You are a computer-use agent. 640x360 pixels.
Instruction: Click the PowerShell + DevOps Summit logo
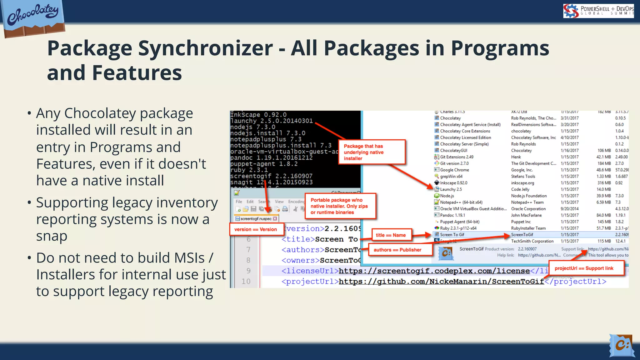[598, 11]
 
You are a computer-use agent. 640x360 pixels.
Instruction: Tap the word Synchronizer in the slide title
[205, 48]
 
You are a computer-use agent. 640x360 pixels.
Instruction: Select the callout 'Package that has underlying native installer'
[372, 152]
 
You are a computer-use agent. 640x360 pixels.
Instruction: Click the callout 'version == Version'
[256, 229]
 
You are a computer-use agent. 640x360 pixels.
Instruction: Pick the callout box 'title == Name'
[391, 235]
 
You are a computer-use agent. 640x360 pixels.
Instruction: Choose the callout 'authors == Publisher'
[397, 250]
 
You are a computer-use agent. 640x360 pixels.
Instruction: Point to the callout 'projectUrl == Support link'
[584, 268]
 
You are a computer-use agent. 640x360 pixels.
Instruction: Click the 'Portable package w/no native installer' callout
[339, 206]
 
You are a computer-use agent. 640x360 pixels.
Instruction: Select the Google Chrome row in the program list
[454, 170]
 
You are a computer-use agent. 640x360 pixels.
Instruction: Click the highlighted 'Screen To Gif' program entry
[452, 235]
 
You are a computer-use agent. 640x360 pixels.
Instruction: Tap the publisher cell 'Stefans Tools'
[523, 177]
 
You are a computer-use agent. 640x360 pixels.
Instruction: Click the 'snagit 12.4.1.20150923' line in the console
[271, 182]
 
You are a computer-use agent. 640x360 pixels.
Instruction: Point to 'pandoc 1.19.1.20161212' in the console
[271, 158]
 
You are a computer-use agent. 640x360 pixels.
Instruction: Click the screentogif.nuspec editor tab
[256, 219]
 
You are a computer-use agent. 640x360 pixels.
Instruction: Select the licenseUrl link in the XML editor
[434, 271]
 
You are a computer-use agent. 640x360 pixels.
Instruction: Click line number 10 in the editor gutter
[246, 282]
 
